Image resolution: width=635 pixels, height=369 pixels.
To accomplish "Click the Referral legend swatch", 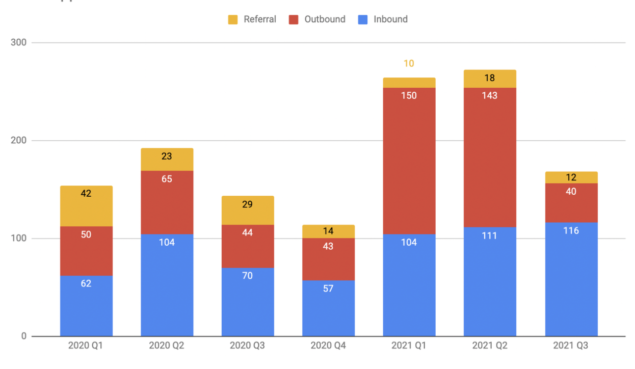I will (233, 20).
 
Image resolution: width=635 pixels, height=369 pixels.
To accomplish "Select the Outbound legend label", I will (325, 19).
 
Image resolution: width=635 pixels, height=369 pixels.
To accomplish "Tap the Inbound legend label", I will (390, 19).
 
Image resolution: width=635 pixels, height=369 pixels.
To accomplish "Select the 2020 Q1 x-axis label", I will (86, 346).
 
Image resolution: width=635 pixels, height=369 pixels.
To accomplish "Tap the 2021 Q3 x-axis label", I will (571, 346).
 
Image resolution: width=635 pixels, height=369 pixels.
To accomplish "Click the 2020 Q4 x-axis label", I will (328, 346).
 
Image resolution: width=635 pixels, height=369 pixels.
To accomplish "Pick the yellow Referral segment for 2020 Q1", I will (86, 205).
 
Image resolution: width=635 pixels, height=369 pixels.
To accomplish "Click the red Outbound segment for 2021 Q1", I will (409, 161).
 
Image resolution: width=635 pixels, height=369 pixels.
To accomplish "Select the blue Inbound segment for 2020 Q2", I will (167, 285).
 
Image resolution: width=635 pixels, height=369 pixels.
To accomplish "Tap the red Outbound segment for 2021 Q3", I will (571, 202).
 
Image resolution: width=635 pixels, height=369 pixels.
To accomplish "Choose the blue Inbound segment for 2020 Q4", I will (328, 308).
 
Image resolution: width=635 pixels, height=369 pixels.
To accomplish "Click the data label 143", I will (489, 95).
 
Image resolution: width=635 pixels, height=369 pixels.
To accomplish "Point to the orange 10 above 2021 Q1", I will (409, 64).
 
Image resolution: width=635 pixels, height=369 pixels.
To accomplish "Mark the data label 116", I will (571, 231).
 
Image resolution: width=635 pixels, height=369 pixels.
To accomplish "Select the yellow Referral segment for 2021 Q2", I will (489, 79).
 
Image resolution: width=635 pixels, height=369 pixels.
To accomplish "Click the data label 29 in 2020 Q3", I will (247, 204).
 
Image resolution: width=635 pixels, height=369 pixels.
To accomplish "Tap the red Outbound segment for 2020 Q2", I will (167, 202).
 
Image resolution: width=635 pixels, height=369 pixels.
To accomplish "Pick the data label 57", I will (328, 288).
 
